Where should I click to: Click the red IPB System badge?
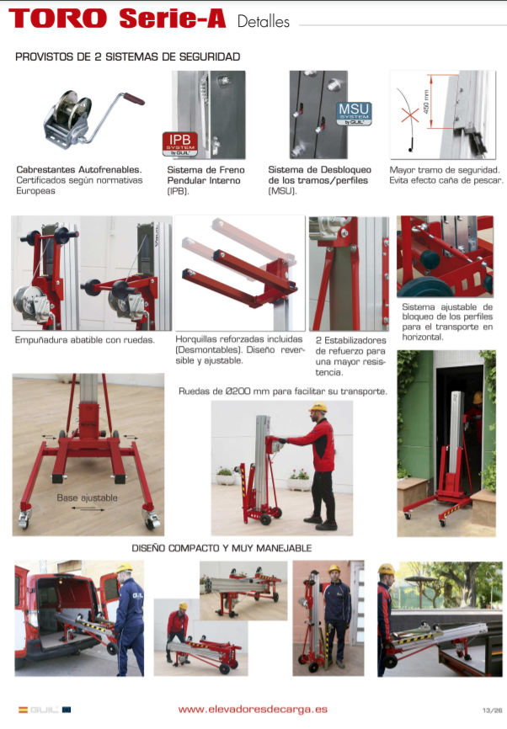click(x=180, y=144)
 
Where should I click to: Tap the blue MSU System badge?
click(x=354, y=114)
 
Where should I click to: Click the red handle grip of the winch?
click(x=134, y=98)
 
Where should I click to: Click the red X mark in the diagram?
click(x=410, y=114)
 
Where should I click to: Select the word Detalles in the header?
click(x=264, y=21)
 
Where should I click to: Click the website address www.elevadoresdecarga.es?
click(x=253, y=710)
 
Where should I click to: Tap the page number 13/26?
click(x=492, y=710)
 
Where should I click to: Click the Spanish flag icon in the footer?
click(x=23, y=710)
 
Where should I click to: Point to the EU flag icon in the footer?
click(x=66, y=710)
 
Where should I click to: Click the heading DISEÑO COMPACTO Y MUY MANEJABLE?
click(x=221, y=548)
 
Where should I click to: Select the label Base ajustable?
click(x=87, y=498)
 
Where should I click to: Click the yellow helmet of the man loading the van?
click(x=124, y=567)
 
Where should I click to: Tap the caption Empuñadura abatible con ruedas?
click(x=85, y=340)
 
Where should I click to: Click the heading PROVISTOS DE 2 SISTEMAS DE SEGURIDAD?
click(x=128, y=56)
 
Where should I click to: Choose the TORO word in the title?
click(x=58, y=19)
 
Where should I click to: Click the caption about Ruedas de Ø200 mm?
click(x=283, y=391)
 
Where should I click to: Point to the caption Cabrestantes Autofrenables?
click(x=79, y=170)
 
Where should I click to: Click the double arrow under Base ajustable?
click(x=88, y=508)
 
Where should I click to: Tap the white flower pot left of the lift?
click(x=226, y=479)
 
